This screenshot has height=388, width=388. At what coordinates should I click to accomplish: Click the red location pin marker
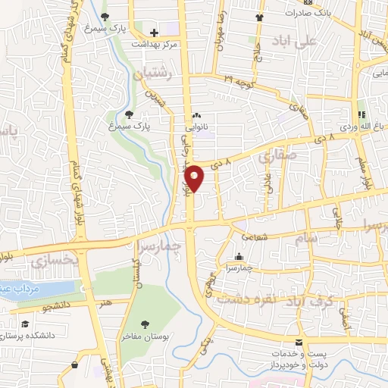195,177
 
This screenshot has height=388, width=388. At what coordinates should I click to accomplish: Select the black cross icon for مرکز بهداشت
154,33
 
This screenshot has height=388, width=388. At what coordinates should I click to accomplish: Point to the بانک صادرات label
313,14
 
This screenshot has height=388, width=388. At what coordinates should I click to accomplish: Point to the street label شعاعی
255,236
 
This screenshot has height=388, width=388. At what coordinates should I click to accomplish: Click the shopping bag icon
75,365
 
